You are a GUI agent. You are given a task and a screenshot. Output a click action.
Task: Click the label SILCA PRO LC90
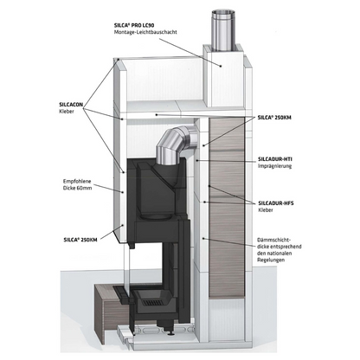134,25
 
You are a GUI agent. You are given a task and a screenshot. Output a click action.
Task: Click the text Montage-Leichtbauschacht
145,32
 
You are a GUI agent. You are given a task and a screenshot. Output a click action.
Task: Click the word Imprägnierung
274,166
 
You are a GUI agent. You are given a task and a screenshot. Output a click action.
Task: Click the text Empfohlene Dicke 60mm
77,184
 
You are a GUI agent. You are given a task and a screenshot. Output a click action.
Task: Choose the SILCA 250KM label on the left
80,240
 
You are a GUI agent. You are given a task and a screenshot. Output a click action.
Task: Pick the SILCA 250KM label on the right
274,118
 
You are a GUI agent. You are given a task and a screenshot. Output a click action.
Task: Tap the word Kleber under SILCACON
67,112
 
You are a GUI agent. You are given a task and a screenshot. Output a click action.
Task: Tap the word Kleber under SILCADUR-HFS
266,210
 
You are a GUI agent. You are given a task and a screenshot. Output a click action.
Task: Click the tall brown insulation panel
227,208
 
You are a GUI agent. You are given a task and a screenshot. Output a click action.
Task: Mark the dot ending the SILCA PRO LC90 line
221,66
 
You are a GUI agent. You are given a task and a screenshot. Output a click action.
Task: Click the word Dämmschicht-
273,240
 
